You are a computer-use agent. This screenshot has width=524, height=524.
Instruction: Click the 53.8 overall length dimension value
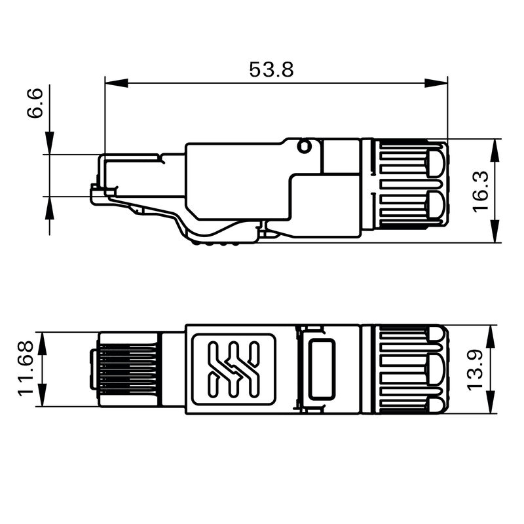pyautogui.click(x=271, y=69)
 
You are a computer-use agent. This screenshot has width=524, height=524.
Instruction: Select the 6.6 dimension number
pyautogui.click(x=35, y=104)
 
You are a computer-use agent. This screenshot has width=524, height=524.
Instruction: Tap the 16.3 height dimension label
pyautogui.click(x=480, y=191)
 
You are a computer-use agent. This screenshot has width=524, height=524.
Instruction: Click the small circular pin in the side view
pyautogui.click(x=304, y=146)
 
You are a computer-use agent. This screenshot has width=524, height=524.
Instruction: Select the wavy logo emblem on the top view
pyautogui.click(x=233, y=369)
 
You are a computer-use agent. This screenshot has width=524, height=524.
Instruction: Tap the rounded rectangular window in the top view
pyautogui.click(x=322, y=369)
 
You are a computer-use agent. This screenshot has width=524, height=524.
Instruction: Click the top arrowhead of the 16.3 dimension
pyautogui.click(x=496, y=148)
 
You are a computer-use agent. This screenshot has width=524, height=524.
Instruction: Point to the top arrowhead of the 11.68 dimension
pyautogui.click(x=45, y=341)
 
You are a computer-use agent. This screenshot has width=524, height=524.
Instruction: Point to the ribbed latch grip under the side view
pyautogui.click(x=219, y=242)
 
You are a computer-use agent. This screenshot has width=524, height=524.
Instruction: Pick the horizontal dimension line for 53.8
pyautogui.click(x=196, y=83)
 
